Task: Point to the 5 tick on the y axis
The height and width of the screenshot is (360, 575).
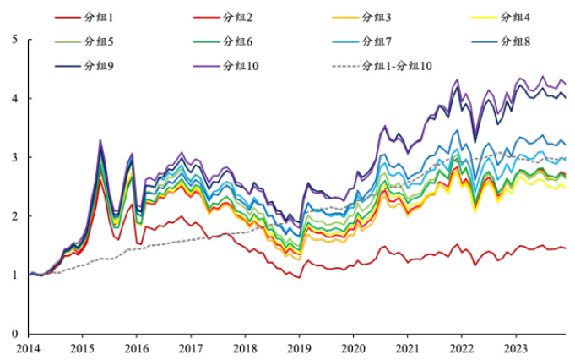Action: point(15,39)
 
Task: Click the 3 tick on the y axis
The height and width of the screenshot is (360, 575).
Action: point(15,157)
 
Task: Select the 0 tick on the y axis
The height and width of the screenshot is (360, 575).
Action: point(15,334)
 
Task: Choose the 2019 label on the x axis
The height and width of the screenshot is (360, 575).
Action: point(299,347)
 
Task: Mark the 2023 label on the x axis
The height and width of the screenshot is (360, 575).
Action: point(515,347)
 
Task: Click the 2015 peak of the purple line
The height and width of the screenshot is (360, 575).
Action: point(100,140)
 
